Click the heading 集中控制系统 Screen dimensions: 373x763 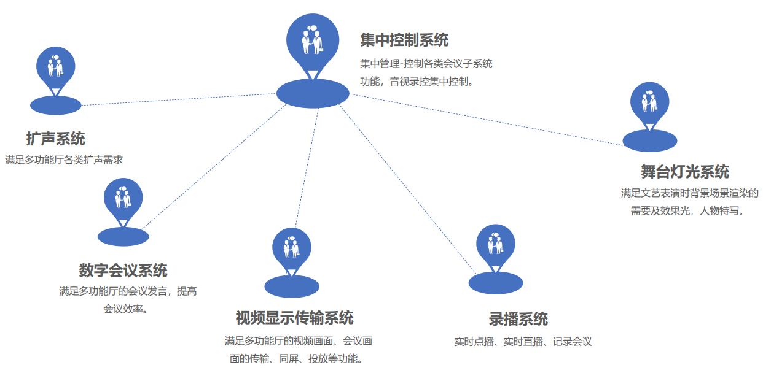click(404, 40)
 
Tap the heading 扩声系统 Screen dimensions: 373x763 click(55, 139)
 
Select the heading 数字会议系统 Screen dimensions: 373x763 click(123, 270)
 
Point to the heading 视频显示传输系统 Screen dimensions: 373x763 click(294, 318)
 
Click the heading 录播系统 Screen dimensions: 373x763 click(518, 319)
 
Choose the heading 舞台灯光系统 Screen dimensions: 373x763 click(685, 172)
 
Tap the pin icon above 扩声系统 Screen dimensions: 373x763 click(56, 66)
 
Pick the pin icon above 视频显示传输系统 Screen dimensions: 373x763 click(291, 247)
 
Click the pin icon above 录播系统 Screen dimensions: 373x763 click(496, 244)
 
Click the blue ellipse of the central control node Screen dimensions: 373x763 click(313, 93)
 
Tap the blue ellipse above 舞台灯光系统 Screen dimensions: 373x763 click(650, 140)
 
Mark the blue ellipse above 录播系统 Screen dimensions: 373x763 click(496, 283)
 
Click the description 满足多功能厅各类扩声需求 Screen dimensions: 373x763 click(64, 160)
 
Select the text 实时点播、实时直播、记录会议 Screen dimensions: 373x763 click(523, 342)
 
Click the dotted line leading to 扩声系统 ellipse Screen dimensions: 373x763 click(178, 99)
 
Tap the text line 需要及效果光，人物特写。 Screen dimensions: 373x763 click(687, 211)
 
